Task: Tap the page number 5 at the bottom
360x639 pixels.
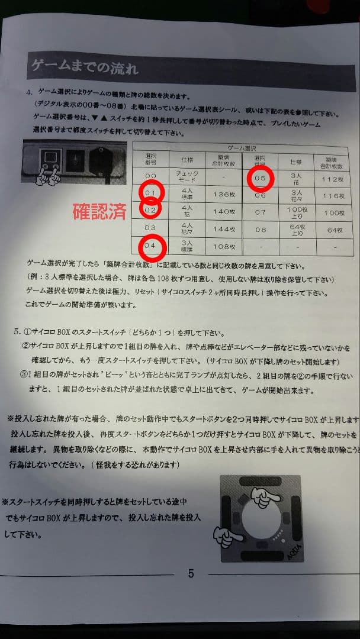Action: point(191,573)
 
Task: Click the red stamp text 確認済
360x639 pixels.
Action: point(99,212)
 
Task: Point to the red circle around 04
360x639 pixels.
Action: point(150,246)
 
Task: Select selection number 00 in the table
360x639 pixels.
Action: point(150,176)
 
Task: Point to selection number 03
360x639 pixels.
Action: point(150,228)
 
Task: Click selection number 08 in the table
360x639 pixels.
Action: point(261,229)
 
